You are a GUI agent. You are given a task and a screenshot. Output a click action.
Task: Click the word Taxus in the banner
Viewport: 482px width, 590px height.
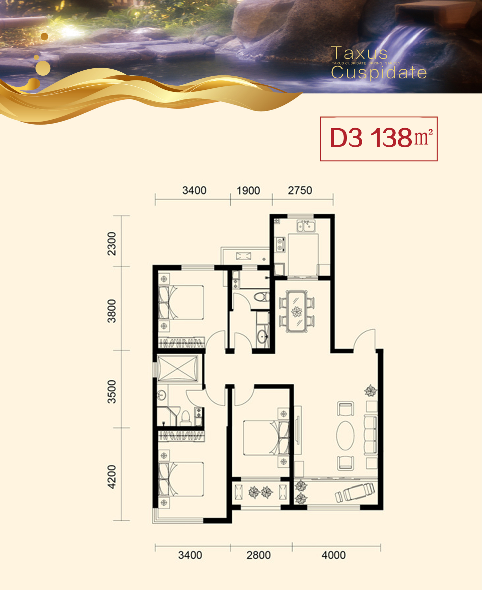tap(359, 53)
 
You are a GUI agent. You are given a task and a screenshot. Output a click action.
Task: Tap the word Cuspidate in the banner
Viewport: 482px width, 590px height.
tap(379, 72)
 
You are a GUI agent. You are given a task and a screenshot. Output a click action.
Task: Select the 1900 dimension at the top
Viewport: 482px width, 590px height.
tap(248, 191)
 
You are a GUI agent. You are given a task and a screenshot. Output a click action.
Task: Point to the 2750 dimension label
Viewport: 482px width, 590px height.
tap(300, 190)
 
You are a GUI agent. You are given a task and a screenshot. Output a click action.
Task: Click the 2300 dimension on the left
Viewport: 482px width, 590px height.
tap(111, 244)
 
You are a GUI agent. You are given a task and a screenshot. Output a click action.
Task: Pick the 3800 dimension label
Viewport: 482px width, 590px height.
tap(111, 311)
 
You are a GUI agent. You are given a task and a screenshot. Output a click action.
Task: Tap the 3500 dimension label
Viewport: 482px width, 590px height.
tap(111, 392)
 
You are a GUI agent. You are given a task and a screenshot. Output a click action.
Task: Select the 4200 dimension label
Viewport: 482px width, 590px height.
tap(111, 477)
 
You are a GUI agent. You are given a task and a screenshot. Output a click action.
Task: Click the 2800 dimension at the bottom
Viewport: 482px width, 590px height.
tap(259, 555)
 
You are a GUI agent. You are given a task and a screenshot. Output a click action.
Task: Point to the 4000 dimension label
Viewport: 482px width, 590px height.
tap(334, 555)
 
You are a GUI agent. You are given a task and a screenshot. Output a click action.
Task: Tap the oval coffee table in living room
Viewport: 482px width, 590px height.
tap(345, 435)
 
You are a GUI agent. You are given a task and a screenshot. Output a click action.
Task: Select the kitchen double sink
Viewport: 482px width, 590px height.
tap(306, 226)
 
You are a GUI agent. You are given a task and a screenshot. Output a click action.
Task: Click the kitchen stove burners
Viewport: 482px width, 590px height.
tap(280, 244)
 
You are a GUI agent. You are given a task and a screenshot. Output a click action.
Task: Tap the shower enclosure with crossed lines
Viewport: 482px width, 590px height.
tap(177, 368)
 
